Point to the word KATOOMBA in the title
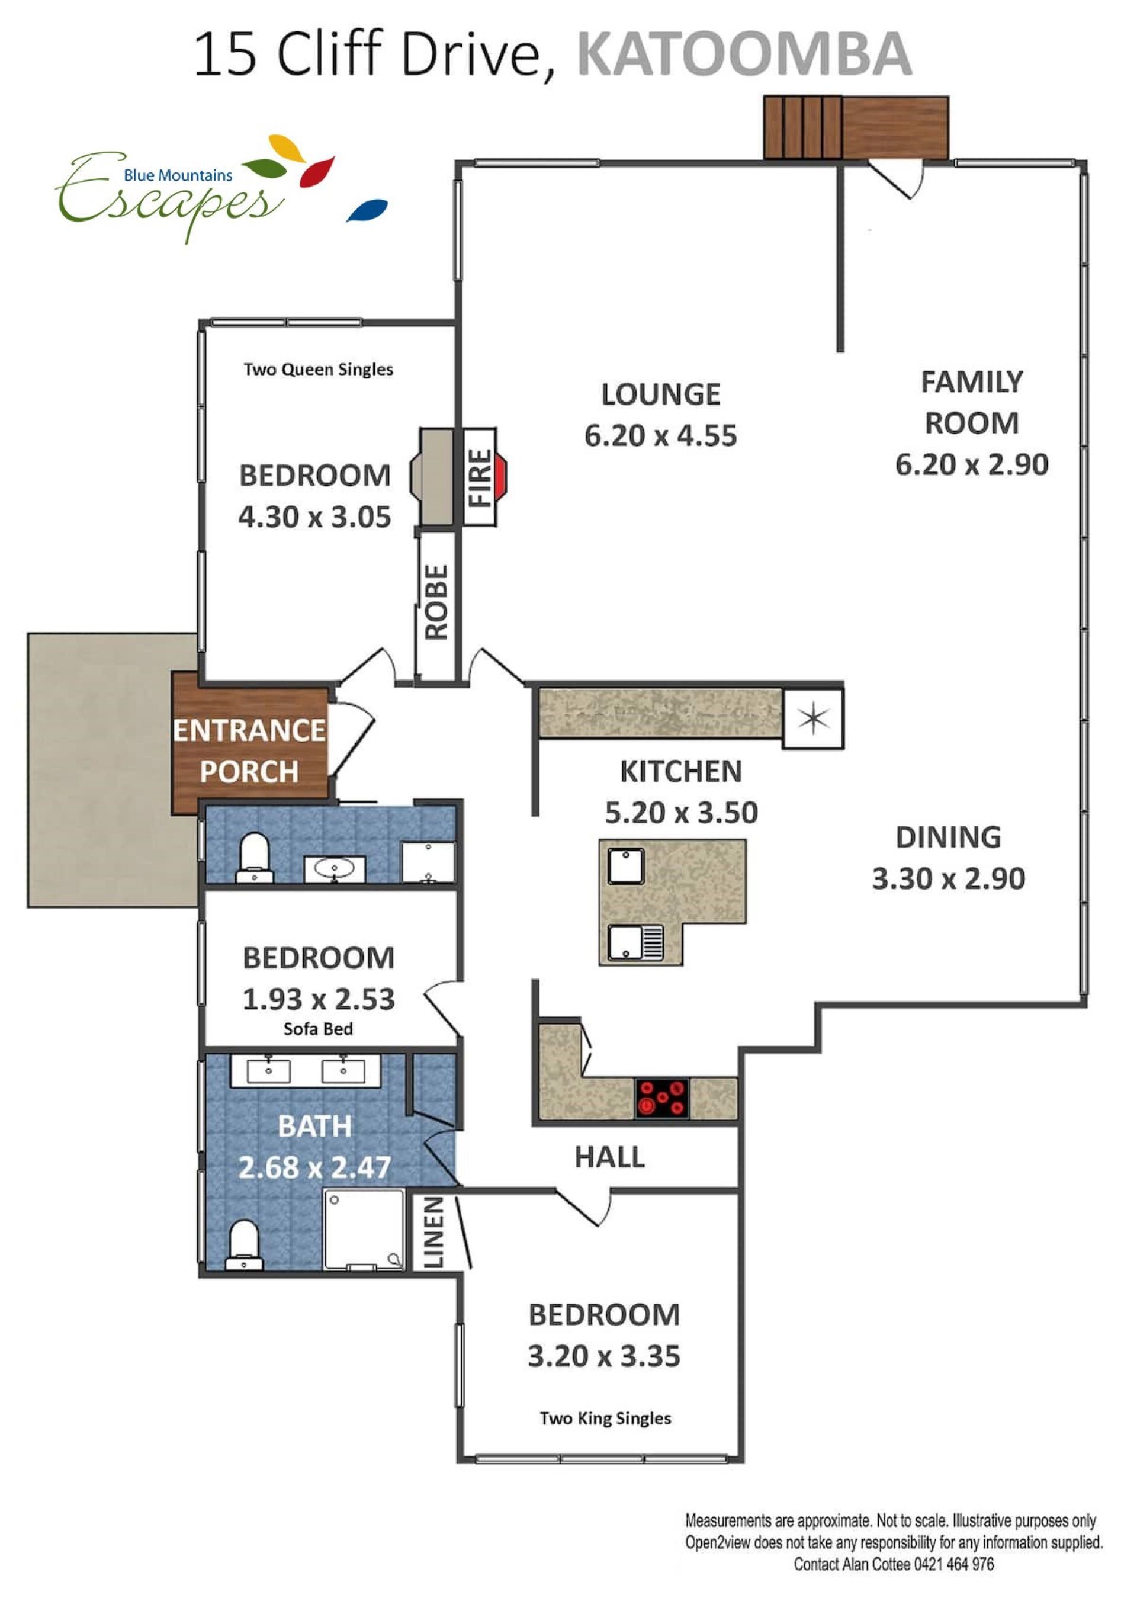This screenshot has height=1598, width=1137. pyautogui.click(x=744, y=54)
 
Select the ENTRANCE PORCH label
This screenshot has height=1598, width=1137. pyautogui.click(x=249, y=750)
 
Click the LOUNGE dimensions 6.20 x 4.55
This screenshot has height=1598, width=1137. pyautogui.click(x=661, y=435)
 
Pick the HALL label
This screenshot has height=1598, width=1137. pyautogui.click(x=609, y=1157)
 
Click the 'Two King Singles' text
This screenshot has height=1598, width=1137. pyautogui.click(x=606, y=1418)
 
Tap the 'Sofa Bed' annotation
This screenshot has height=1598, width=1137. pyautogui.click(x=318, y=1029)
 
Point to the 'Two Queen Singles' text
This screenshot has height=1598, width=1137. pyautogui.click(x=319, y=369)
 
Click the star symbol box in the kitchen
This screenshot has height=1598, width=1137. pyautogui.click(x=813, y=718)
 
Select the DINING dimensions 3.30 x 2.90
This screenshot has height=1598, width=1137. pyautogui.click(x=949, y=878)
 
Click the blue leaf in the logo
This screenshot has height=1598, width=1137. pyautogui.click(x=368, y=210)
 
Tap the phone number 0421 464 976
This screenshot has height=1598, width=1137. pyautogui.click(x=953, y=1564)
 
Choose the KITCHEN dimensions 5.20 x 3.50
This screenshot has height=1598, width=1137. pyautogui.click(x=681, y=812)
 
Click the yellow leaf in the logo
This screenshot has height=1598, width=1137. pyautogui.click(x=287, y=147)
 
